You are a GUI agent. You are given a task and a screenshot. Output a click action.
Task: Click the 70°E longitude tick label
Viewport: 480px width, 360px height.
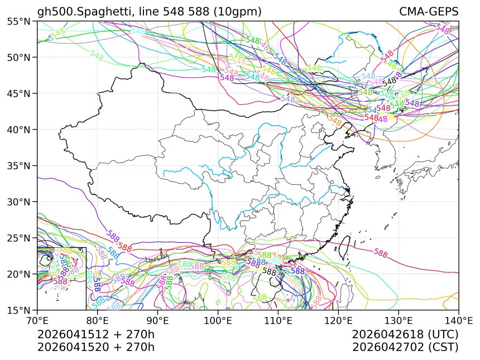[37, 321]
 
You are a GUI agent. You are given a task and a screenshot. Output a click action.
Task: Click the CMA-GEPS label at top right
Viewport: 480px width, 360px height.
[429, 12]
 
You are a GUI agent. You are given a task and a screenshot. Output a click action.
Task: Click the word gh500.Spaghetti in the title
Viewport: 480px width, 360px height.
[78, 12]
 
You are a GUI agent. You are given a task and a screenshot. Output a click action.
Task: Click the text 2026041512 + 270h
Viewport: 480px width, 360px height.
[95, 334]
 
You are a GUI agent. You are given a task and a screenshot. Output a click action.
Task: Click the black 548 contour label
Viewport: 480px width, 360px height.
[389, 81]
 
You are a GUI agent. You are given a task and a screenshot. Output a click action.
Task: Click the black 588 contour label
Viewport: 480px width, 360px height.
[269, 272]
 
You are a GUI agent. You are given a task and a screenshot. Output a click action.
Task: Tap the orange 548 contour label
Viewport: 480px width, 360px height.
[334, 119]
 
